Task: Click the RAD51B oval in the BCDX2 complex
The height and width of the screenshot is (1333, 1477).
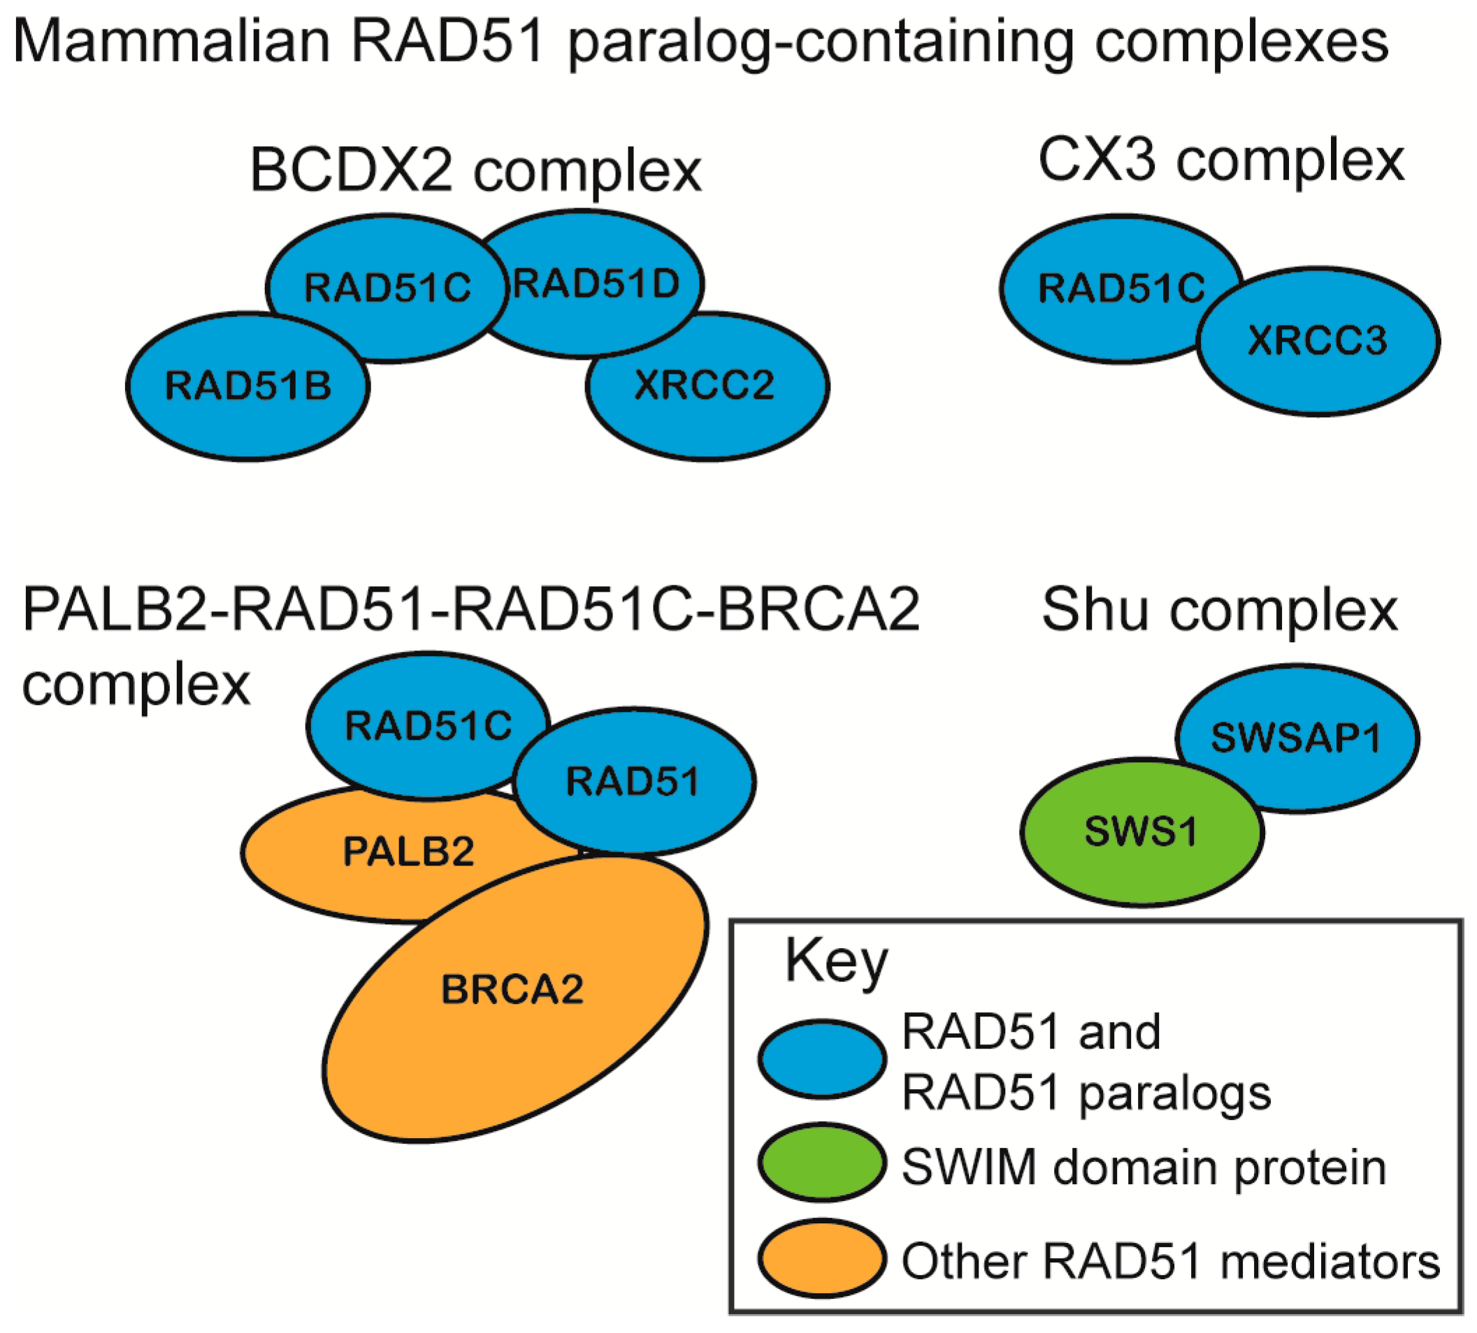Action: (247, 387)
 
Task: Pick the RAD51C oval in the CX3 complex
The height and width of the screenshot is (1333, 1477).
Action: (1107, 289)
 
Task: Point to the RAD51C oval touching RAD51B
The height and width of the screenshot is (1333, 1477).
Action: (387, 287)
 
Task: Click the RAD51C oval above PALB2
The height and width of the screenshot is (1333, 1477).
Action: (428, 726)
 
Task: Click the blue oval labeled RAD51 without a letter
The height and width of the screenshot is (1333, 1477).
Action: (634, 782)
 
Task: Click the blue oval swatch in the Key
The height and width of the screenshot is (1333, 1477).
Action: (822, 1060)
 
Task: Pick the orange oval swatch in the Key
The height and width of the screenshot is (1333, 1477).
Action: (822, 1259)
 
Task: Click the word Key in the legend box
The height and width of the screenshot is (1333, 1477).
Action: (836, 963)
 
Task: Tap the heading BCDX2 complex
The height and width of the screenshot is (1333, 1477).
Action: (475, 170)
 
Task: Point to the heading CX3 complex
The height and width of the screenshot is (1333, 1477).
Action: (1221, 161)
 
